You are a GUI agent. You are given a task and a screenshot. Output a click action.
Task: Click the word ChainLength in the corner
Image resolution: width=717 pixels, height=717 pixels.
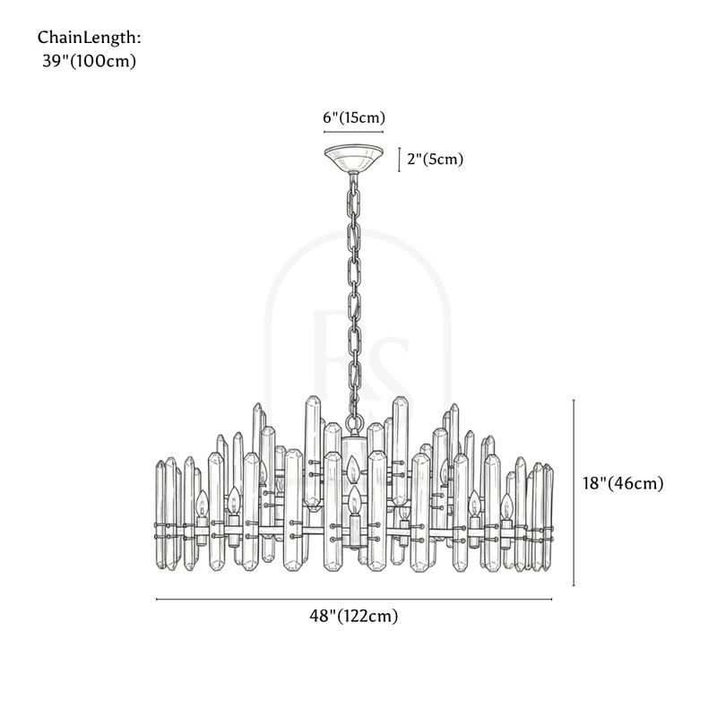coord(89,39)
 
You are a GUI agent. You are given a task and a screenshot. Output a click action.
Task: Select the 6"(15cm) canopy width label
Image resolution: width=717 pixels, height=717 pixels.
coord(353,117)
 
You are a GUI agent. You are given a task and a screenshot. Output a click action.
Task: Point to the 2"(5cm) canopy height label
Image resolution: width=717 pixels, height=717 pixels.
coord(436,160)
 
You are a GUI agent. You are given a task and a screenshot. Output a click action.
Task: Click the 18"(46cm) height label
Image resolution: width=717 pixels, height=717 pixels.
coord(622,483)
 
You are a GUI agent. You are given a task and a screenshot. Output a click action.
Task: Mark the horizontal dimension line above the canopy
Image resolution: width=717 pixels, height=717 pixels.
coord(353,132)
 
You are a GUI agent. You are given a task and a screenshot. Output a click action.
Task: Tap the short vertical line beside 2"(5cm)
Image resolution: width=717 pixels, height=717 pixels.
coord(399,159)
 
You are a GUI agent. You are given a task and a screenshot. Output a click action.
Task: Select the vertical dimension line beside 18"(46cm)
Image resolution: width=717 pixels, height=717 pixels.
coord(574,493)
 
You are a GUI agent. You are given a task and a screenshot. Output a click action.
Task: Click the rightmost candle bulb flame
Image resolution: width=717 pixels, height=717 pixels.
coord(506,502)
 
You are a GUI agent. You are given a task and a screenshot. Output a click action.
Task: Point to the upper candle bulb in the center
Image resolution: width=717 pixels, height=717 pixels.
coord(354,466)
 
